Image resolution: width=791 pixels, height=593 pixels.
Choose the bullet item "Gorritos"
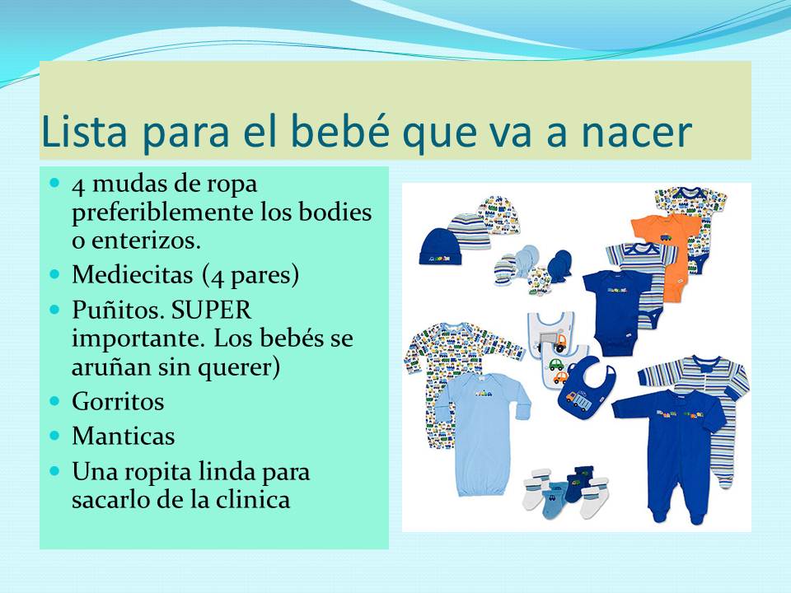point(118,402)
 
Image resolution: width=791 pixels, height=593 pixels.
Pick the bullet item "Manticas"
point(123,435)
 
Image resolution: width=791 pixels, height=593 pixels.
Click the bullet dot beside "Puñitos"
point(55,311)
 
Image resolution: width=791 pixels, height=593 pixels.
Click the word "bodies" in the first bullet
point(336,212)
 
